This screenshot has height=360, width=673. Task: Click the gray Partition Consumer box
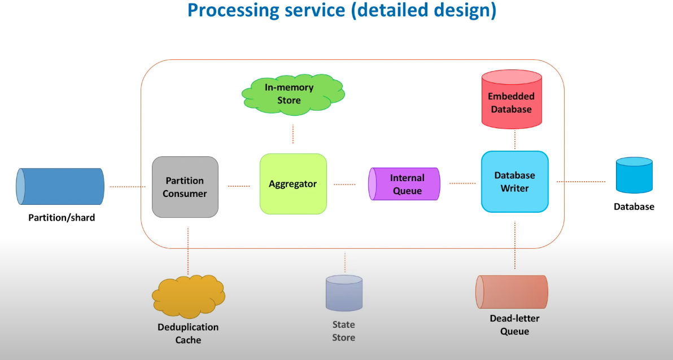point(185,187)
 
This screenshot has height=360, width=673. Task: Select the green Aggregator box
point(293,184)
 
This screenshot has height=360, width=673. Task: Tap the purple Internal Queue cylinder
point(404,184)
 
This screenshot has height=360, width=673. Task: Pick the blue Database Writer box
point(514,182)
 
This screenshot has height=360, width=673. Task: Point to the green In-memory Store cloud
point(293,93)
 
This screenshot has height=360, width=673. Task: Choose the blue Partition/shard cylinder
point(60,186)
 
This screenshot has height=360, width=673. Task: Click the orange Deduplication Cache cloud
point(188,296)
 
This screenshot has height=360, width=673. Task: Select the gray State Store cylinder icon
point(344,293)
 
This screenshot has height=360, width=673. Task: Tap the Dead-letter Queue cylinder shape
point(512,292)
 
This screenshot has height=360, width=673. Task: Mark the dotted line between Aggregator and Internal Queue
point(344,184)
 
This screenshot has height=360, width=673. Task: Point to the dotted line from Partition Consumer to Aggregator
point(239,186)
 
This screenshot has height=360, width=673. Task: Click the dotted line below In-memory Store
point(293,134)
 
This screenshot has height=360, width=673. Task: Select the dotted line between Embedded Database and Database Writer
point(515,139)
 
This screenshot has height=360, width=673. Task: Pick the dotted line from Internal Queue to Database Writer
point(462,183)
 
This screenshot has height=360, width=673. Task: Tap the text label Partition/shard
point(62,217)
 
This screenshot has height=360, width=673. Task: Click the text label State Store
point(343,331)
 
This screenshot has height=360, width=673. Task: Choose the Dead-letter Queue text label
point(514,325)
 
